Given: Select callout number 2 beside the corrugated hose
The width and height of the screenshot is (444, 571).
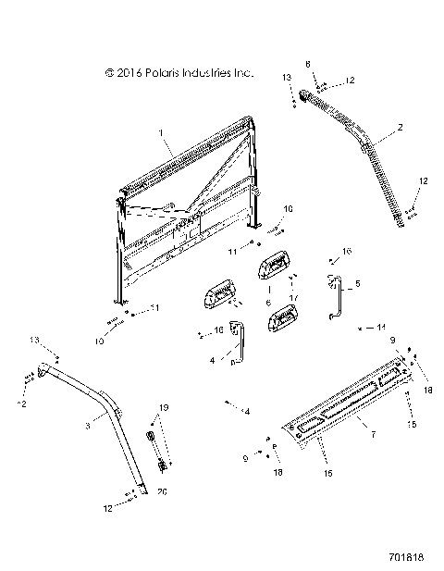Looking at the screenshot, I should pyautogui.click(x=400, y=127).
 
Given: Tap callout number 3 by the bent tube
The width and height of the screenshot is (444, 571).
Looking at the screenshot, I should pyautogui.click(x=86, y=426).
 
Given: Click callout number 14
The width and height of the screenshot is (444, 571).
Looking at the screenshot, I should pyautogui.click(x=379, y=327).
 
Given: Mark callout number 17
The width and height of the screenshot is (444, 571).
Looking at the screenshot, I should pyautogui.click(x=293, y=296).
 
